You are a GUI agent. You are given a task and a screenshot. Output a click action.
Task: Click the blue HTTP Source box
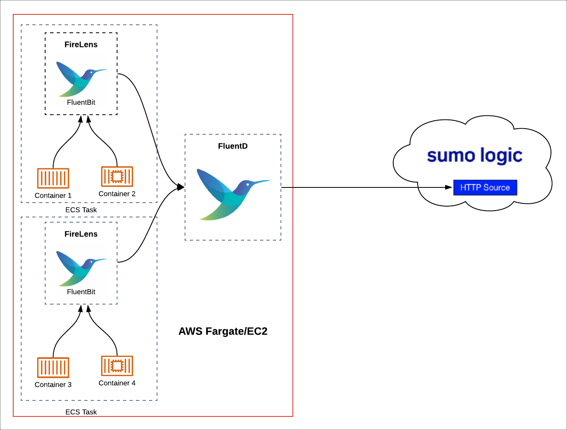[485, 187]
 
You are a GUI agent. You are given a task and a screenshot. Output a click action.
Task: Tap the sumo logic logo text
[474, 155]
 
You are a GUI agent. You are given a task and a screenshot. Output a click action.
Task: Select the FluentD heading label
[233, 146]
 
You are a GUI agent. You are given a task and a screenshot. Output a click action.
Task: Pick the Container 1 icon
[53, 178]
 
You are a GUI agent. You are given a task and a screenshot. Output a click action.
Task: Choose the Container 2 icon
[117, 177]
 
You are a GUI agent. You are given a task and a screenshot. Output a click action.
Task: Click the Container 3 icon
[53, 368]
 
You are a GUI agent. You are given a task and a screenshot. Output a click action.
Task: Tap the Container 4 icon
[117, 366]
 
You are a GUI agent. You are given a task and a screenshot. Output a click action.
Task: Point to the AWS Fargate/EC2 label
[223, 331]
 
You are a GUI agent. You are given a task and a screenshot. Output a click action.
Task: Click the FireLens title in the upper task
[81, 45]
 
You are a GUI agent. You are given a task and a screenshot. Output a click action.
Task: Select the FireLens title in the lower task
[81, 234]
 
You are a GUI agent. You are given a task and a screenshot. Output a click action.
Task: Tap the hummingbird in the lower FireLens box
[81, 268]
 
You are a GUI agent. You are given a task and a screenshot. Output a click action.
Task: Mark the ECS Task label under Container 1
[81, 210]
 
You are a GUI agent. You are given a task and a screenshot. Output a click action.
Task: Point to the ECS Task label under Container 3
[81, 412]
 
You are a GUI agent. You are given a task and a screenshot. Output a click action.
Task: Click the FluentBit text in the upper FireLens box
[81, 102]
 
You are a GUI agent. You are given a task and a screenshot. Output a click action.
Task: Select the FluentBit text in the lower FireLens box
[81, 292]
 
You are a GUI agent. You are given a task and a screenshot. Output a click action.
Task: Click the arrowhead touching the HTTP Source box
[449, 187]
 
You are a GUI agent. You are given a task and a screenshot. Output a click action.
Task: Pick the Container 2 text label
[117, 194]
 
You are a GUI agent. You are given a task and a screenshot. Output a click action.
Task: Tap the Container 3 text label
[53, 384]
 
